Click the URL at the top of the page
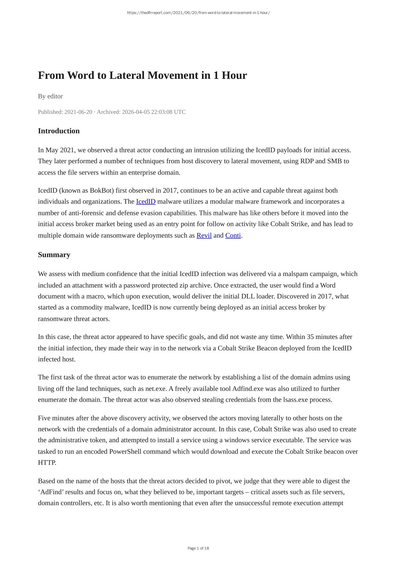(x=198, y=13)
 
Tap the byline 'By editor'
(x=51, y=96)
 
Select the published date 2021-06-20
(x=78, y=112)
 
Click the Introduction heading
(x=59, y=131)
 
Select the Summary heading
(x=54, y=255)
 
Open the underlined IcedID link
(x=146, y=202)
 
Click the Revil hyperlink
(x=204, y=235)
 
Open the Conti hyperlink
(x=233, y=235)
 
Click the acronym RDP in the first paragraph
(x=307, y=161)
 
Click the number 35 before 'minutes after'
(x=310, y=337)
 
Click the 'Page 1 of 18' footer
(x=198, y=548)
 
